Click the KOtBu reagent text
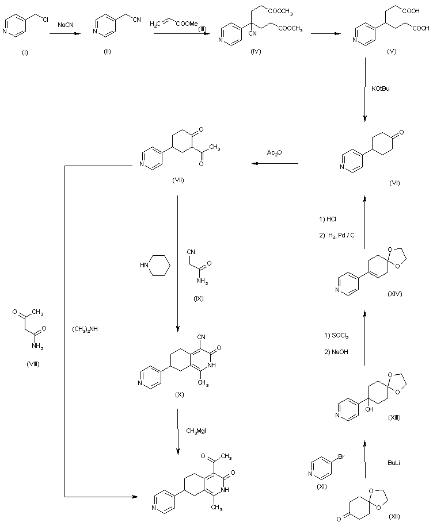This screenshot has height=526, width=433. (x=382, y=89)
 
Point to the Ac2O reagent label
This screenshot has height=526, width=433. (x=274, y=153)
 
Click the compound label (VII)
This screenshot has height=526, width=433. (x=178, y=181)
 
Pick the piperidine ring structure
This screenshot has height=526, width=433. (x=159, y=266)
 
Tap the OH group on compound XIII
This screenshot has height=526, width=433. (x=370, y=409)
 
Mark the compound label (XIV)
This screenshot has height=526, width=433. (x=396, y=293)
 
